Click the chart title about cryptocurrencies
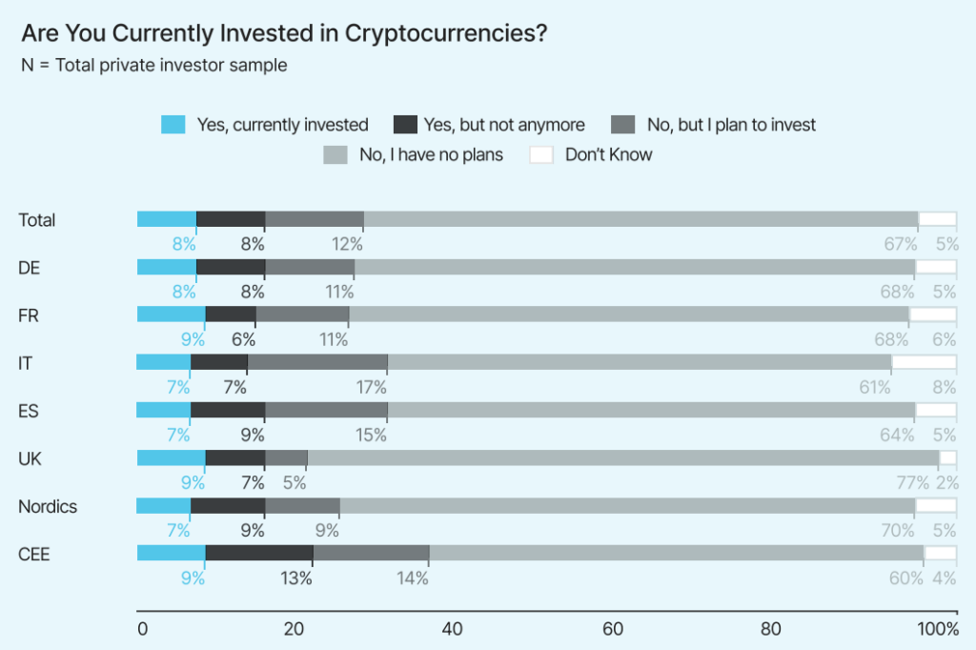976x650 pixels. (x=284, y=33)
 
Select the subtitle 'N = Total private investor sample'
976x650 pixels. (x=153, y=66)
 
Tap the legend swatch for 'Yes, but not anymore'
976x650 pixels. (x=406, y=125)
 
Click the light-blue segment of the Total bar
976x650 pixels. (x=167, y=219)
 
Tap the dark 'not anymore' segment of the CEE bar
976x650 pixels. (x=259, y=553)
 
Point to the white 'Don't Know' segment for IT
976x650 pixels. (x=924, y=362)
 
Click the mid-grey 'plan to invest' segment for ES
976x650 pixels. (x=327, y=410)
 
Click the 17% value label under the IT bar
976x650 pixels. (x=372, y=387)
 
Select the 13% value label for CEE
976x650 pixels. (x=296, y=578)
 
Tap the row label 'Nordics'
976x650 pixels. (x=48, y=506)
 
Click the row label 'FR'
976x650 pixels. (x=29, y=315)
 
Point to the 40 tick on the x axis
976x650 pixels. (x=453, y=629)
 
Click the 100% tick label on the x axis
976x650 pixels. (x=938, y=629)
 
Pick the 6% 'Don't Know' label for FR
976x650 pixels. (x=944, y=339)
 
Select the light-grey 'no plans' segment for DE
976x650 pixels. (x=635, y=267)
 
